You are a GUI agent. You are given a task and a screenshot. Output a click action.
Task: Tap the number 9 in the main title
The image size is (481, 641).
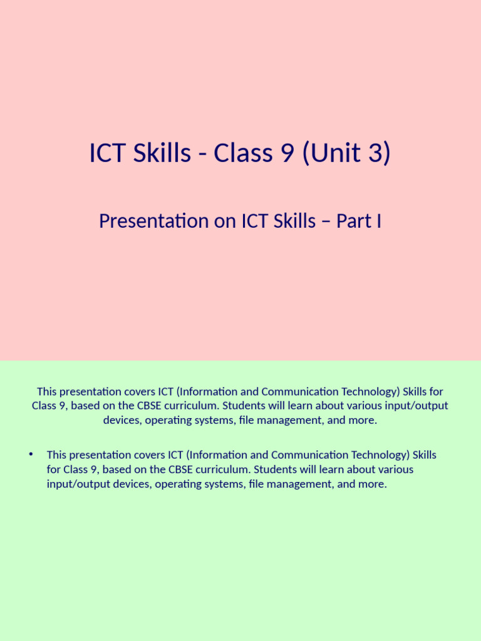286,153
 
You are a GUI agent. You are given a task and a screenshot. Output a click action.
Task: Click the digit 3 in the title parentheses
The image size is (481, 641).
375,153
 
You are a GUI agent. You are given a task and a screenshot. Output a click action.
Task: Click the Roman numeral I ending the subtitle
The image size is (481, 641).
378,221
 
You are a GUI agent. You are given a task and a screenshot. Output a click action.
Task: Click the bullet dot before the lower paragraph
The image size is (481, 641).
30,454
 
